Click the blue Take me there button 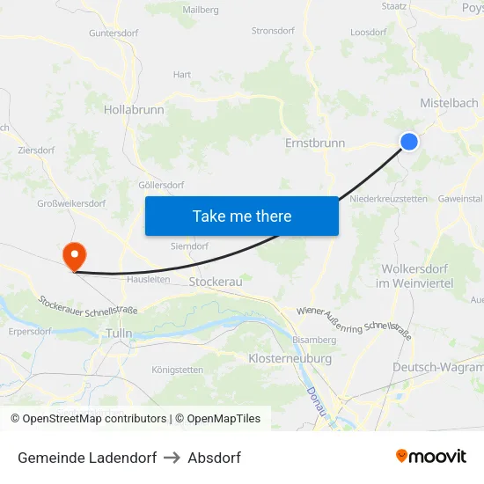[x=242, y=216]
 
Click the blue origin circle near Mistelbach [x=409, y=142]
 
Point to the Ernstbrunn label [x=315, y=143]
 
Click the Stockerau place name [x=216, y=282]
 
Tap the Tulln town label [x=118, y=334]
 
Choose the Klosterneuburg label [x=290, y=359]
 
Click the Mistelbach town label [x=449, y=103]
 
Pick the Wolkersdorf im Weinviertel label [x=414, y=275]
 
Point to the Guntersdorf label [x=114, y=33]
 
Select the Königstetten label [x=178, y=370]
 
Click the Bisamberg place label [x=314, y=340]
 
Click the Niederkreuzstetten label [x=389, y=199]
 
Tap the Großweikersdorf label [x=71, y=204]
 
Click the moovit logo [x=431, y=457]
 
